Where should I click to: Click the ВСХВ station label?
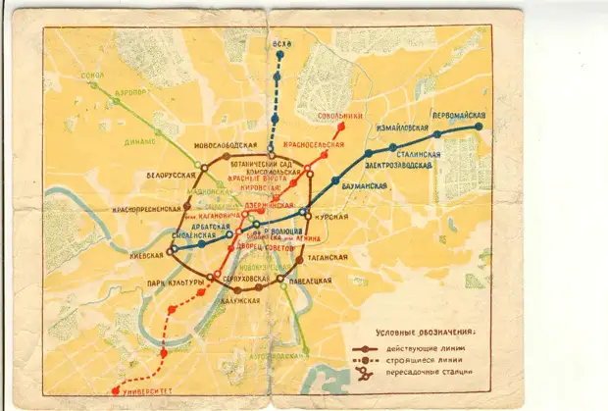(x=282, y=45)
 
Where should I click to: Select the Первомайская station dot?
(x=479, y=127)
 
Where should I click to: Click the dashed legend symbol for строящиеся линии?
(x=369, y=360)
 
